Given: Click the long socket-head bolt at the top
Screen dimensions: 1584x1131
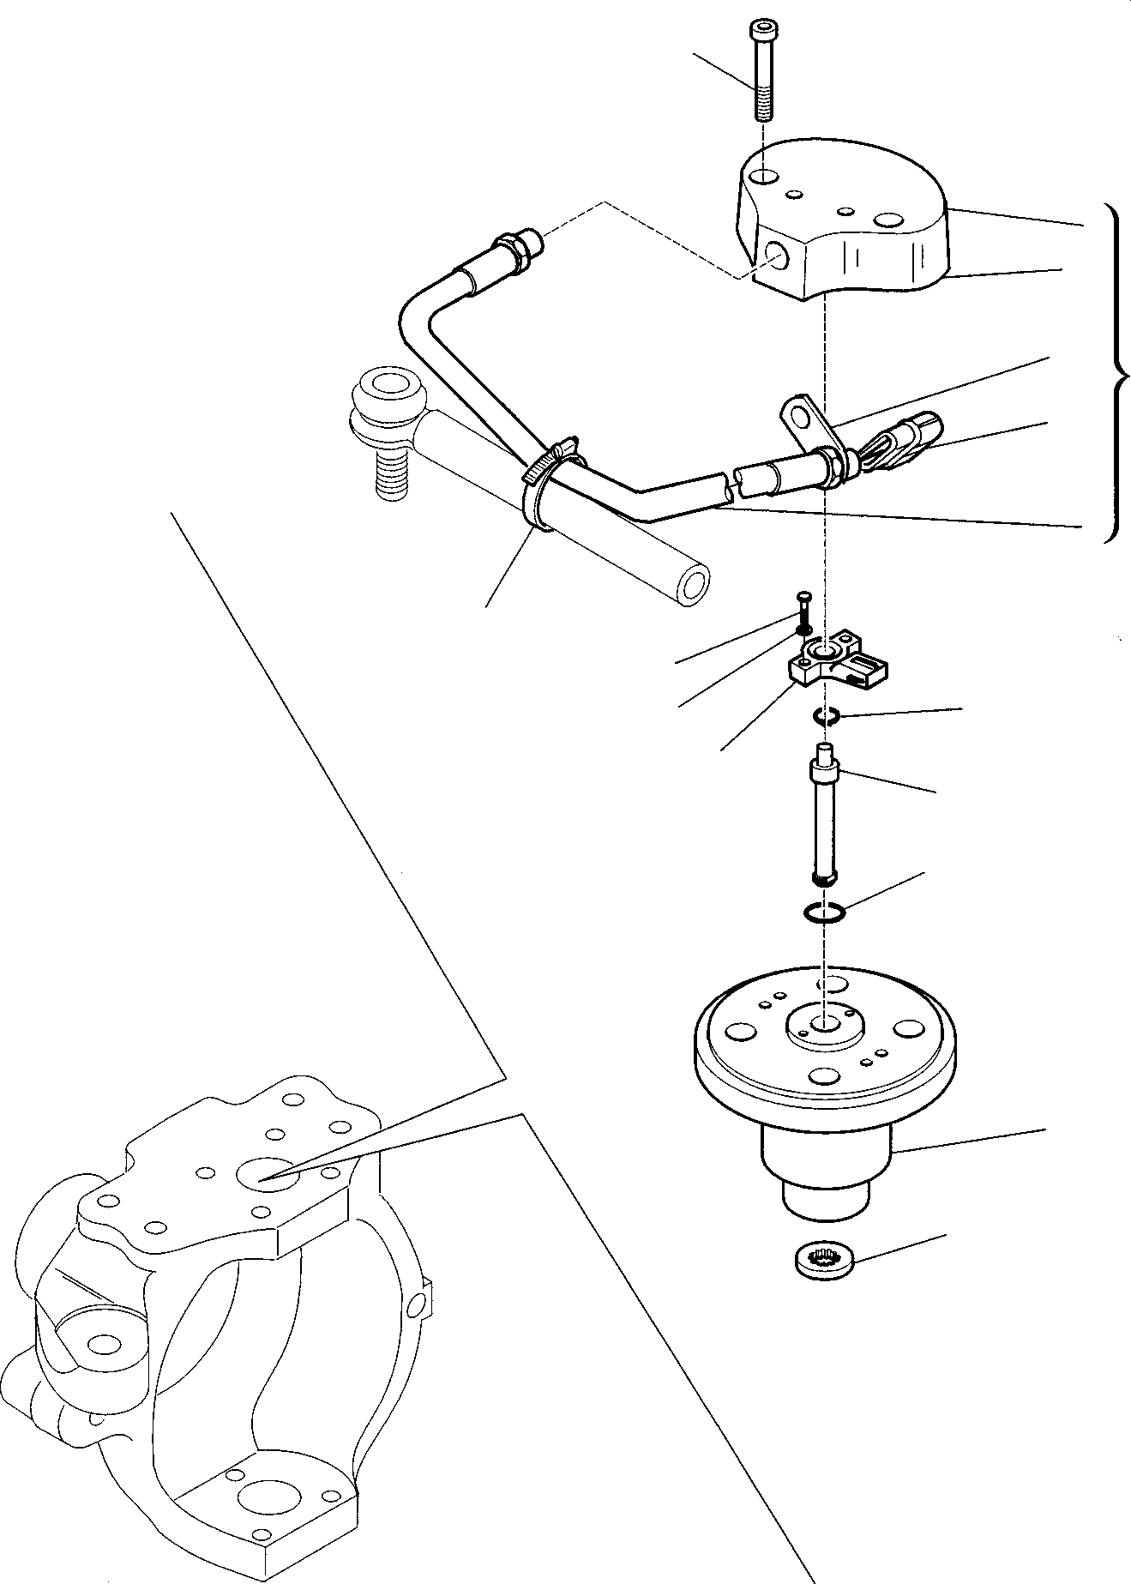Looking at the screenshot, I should tap(762, 72).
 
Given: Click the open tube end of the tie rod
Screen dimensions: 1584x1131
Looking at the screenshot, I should tap(694, 585).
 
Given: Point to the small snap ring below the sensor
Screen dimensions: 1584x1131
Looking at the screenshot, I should tap(826, 717).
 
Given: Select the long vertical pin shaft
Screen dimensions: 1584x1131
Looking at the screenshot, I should tap(824, 821).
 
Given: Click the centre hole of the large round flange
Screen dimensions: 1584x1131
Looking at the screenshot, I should tap(824, 1024).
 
